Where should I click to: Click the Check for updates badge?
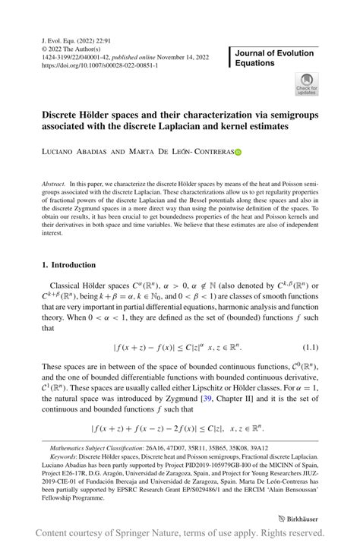[307, 84]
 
